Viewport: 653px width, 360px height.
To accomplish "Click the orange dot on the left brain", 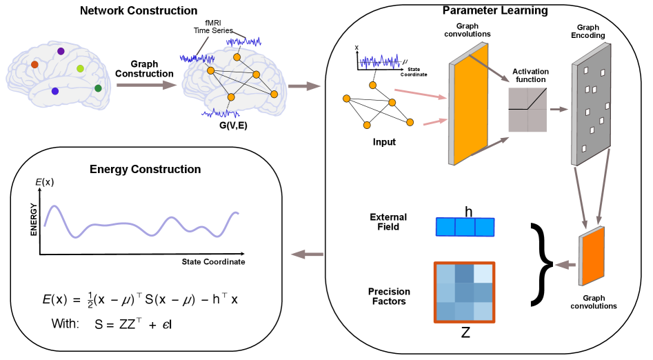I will [x=34, y=64].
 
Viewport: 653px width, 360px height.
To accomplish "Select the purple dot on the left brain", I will [x=61, y=51].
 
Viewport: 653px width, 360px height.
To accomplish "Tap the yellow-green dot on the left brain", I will [x=80, y=68].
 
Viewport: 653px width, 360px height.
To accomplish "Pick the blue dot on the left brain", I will [x=55, y=91].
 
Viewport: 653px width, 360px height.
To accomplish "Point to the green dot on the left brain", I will [x=98, y=88].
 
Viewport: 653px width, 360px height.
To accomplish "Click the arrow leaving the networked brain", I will [x=304, y=86].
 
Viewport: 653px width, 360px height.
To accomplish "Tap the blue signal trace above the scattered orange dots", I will [x=379, y=62].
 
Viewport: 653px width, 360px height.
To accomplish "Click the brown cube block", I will [x=528, y=110].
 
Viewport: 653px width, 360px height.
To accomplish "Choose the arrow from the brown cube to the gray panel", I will [x=559, y=109].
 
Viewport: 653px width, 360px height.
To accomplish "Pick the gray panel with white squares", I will [x=592, y=103].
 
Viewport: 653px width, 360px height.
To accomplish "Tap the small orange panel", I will [x=592, y=256].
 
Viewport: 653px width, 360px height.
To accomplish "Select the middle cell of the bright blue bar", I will [x=465, y=227].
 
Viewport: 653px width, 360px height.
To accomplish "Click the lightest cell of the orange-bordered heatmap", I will [x=483, y=273].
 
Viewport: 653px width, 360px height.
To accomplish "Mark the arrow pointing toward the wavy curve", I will [x=307, y=254].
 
